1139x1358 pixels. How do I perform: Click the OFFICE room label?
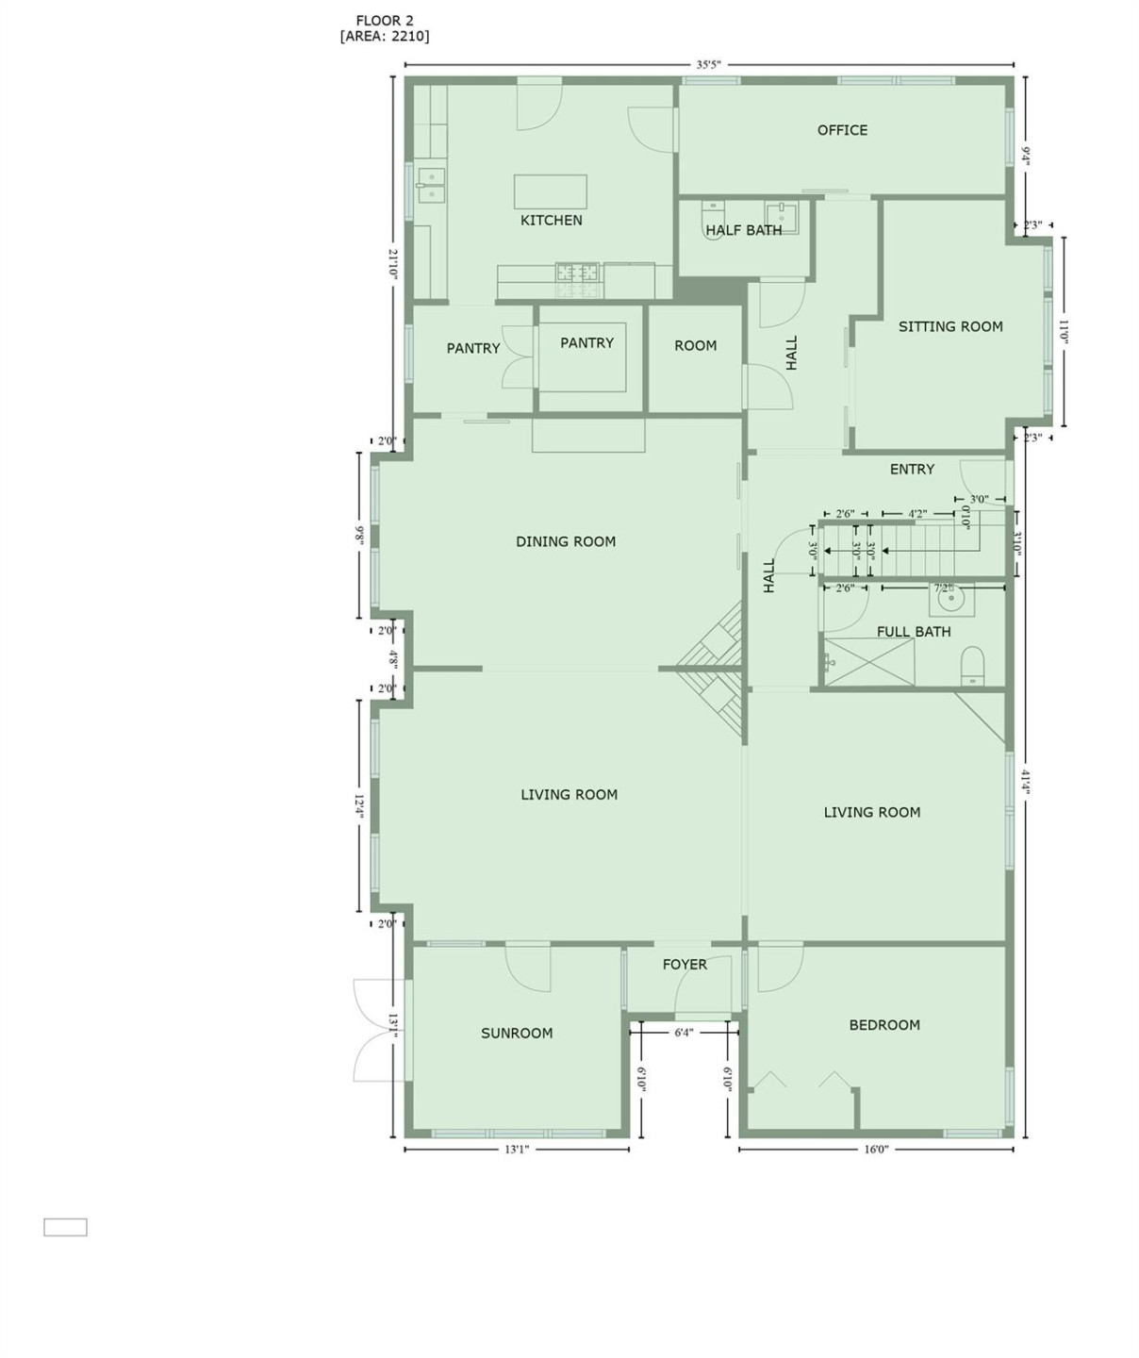pos(842,130)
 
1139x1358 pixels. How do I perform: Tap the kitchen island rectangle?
pos(550,191)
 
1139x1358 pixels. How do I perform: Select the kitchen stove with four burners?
pos(577,273)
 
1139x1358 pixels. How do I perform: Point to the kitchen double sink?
pos(431,185)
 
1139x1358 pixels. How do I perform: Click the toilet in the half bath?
pos(714,218)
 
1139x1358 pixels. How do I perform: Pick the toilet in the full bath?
pos(972,665)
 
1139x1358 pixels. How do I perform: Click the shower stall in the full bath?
pos(869,662)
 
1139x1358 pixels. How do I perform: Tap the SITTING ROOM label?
pos(949,326)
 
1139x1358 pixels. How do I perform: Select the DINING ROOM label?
pos(566,541)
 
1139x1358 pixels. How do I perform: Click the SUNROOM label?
pos(517,1033)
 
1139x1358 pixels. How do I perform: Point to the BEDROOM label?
pos(884,1025)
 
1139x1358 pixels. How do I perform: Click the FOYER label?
pos(685,964)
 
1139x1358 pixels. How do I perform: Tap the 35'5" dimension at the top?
pos(708,65)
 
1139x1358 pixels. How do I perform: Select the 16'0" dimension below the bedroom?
pos(876,1150)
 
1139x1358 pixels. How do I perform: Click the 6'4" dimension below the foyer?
pos(684,1033)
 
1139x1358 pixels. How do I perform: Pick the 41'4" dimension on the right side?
pos(1025,782)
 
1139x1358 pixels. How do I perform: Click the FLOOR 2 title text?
pos(384,20)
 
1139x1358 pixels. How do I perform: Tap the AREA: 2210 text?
pos(384,37)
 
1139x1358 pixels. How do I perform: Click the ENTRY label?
pos(912,469)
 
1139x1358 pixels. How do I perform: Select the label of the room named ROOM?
pos(695,346)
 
